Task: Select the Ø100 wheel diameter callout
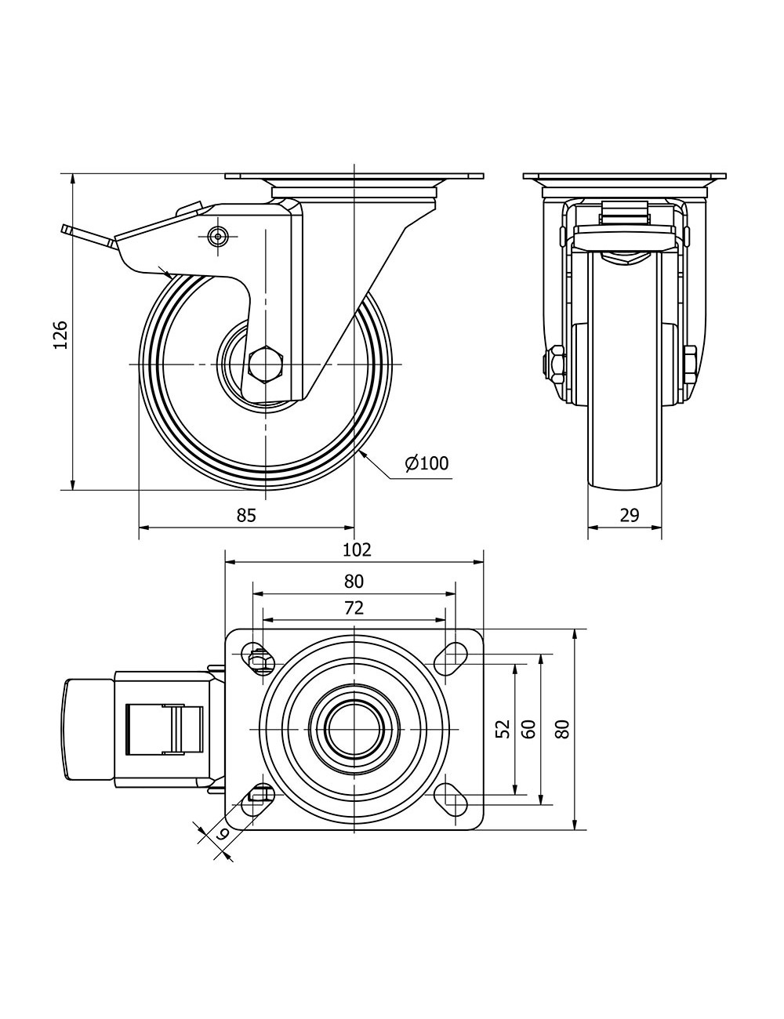pyautogui.click(x=427, y=463)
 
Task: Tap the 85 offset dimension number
pyautogui.click(x=246, y=515)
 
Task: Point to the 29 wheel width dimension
pyautogui.click(x=629, y=515)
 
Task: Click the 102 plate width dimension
pyautogui.click(x=357, y=549)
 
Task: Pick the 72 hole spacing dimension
pyautogui.click(x=354, y=607)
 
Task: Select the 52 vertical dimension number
pyautogui.click(x=503, y=729)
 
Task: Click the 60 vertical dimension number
pyautogui.click(x=528, y=729)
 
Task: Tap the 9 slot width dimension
pyautogui.click(x=221, y=836)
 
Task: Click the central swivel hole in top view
pyautogui.click(x=354, y=728)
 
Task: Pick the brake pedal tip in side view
pyautogui.click(x=67, y=230)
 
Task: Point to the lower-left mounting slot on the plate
pyautogui.click(x=259, y=796)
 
